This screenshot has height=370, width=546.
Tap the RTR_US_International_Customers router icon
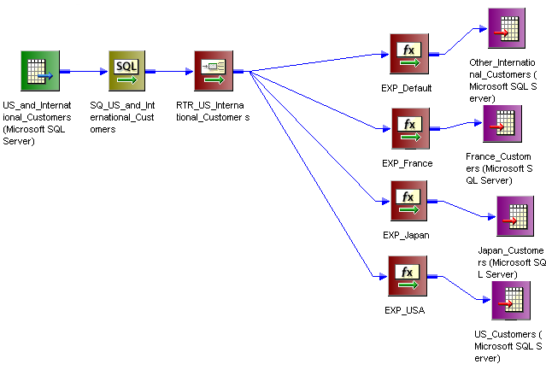coord(213,72)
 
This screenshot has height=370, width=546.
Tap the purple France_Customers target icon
coord(502,124)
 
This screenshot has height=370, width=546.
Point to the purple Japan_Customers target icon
coord(515,216)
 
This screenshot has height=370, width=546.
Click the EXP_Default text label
coord(407,88)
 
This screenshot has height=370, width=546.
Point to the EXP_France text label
coord(407,162)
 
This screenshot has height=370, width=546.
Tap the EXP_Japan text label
coord(406,235)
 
